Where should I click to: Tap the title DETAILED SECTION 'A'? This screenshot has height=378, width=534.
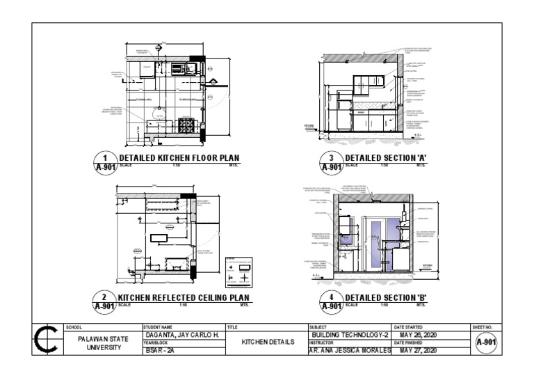pos(385,158)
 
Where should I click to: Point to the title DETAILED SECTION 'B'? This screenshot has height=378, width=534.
pos(385,298)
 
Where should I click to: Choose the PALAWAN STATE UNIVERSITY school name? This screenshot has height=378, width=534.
pos(103,342)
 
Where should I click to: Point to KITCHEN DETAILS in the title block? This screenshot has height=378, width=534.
pos(266,342)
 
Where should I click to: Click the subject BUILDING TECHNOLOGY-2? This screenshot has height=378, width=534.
pos(350,335)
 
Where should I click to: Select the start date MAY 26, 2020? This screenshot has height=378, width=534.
pos(421,335)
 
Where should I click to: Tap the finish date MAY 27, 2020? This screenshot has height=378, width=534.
pos(421,350)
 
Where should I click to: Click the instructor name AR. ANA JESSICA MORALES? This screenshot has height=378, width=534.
pos(350,350)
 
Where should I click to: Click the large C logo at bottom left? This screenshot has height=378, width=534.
pos(47,342)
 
